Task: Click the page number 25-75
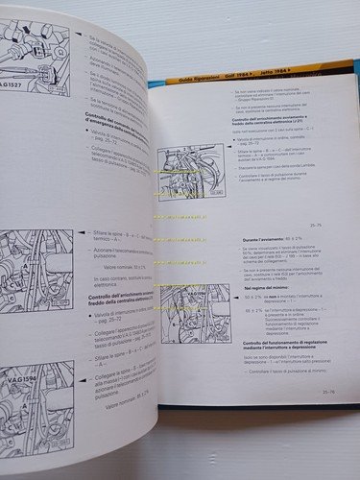coord(321,227)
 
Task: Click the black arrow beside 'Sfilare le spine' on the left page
coord(85,233)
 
